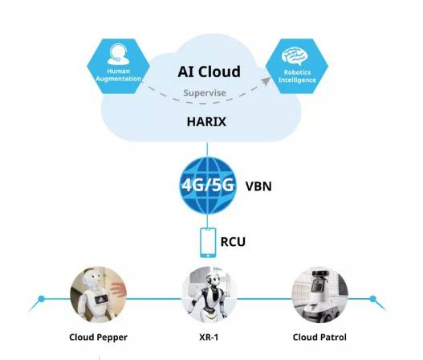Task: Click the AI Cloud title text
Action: [x=209, y=72]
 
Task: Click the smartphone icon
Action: [x=208, y=242]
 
